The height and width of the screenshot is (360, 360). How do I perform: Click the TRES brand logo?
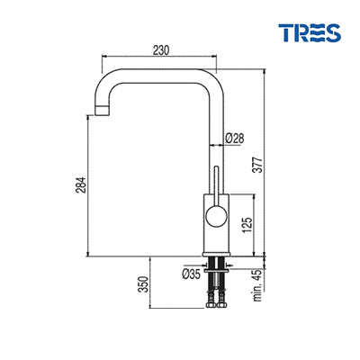click(310, 32)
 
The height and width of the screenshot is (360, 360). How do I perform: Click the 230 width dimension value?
click(161, 50)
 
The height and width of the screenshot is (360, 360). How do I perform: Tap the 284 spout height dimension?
click(82, 184)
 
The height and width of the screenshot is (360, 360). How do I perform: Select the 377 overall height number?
click(258, 165)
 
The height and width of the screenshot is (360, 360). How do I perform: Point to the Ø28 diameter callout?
click(235, 139)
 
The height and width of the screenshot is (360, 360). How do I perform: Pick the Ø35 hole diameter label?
click(191, 274)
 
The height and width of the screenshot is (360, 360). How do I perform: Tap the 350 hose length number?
click(144, 284)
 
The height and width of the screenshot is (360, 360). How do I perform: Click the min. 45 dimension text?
click(257, 285)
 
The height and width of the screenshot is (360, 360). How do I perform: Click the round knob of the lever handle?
click(215, 216)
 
